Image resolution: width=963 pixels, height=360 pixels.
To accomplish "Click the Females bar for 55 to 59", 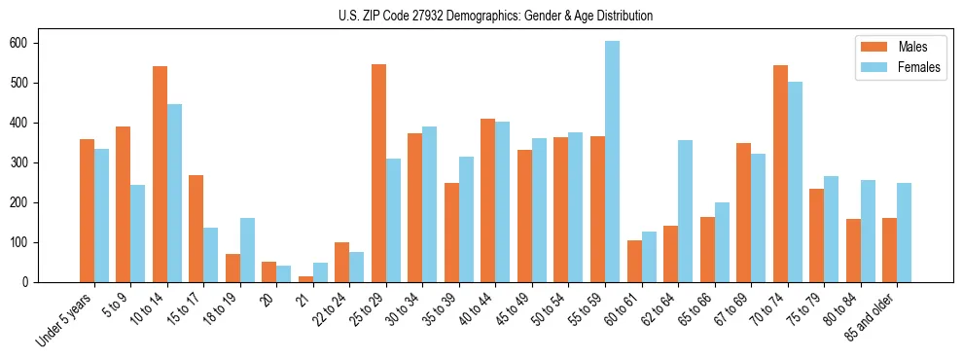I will pyautogui.click(x=612, y=162).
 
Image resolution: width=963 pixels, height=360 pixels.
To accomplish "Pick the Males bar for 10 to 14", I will pyautogui.click(x=160, y=174).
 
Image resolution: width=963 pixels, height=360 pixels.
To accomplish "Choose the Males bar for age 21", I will pyautogui.click(x=305, y=279).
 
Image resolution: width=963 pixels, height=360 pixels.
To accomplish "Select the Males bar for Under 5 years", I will pyautogui.click(x=87, y=210).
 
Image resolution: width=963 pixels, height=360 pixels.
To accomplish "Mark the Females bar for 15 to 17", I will pyautogui.click(x=211, y=255).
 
